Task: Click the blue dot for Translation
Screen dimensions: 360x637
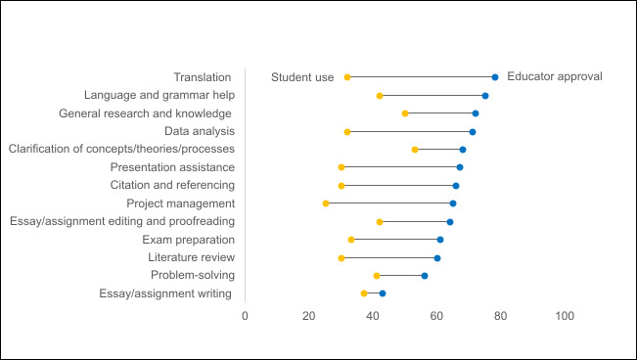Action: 495,77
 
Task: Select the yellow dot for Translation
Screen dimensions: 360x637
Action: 347,77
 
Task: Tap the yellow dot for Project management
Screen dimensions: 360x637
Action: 326,203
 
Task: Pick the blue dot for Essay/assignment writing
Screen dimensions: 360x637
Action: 383,293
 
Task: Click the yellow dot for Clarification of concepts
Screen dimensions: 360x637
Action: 415,150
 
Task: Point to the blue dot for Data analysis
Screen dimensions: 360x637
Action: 473,131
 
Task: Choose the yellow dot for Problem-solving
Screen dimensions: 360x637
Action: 377,276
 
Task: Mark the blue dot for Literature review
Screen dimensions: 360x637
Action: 437,258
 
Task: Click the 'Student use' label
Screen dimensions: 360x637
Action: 302,77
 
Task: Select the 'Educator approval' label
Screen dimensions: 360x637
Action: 555,76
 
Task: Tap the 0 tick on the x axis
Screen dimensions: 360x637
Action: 245,316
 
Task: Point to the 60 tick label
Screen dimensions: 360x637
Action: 437,316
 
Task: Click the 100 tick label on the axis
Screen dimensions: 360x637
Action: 565,316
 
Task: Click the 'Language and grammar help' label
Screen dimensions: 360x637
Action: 159,95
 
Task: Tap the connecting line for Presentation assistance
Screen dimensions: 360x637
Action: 400,167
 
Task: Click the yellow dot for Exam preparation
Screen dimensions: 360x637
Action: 351,240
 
